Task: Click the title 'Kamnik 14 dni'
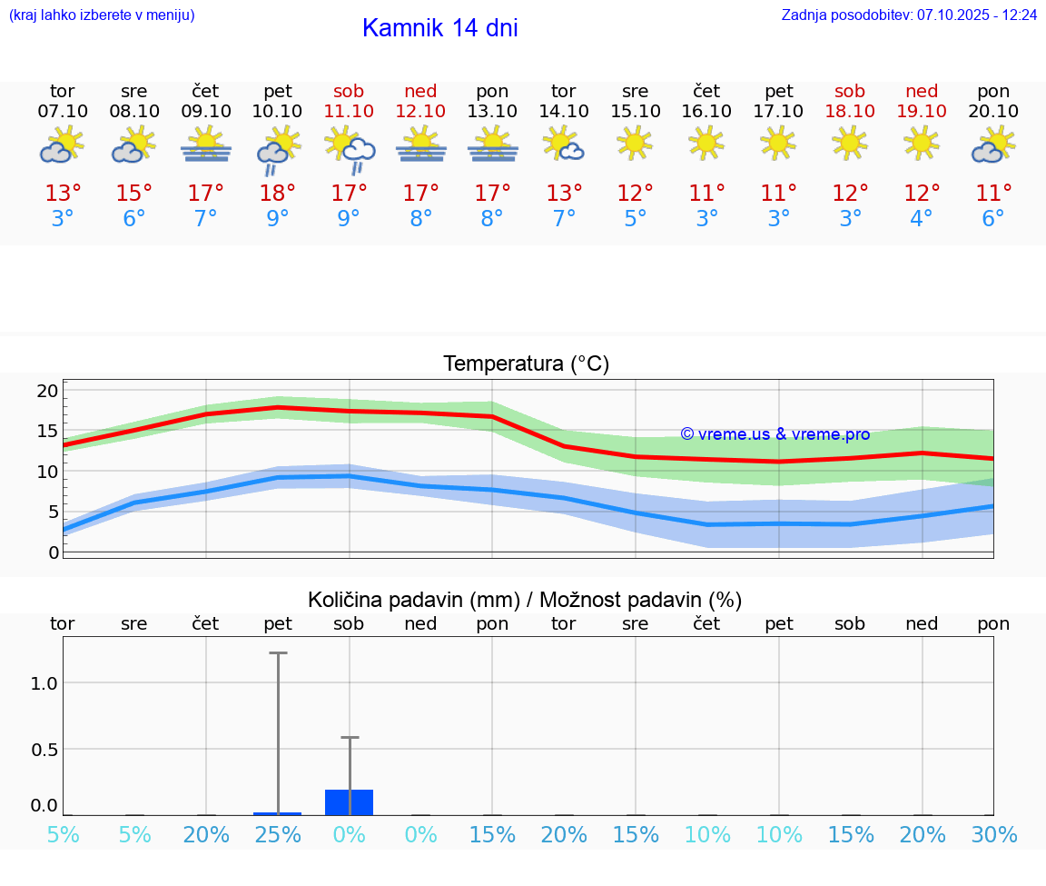click(439, 28)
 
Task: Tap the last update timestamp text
click(909, 15)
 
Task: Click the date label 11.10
click(349, 111)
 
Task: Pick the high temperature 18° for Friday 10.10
click(278, 193)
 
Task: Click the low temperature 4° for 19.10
click(922, 219)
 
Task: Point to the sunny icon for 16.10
click(706, 143)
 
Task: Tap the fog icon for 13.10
click(492, 145)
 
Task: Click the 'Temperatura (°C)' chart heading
click(526, 364)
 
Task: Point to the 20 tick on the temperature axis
click(47, 392)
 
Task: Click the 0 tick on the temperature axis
click(54, 553)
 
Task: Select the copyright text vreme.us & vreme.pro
click(775, 434)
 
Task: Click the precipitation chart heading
click(524, 600)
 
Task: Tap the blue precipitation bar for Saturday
click(350, 802)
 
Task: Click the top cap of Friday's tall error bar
click(278, 652)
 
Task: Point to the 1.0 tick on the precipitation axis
click(44, 683)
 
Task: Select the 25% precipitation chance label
click(278, 835)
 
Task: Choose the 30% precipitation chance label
click(993, 835)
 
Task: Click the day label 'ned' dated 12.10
click(420, 92)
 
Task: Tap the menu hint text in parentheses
click(102, 15)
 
